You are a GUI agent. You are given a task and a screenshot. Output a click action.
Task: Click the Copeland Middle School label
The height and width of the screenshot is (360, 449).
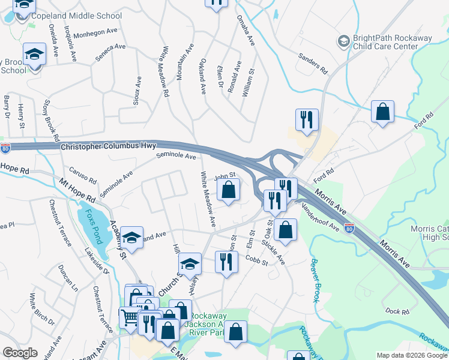pyautogui.click(x=80, y=16)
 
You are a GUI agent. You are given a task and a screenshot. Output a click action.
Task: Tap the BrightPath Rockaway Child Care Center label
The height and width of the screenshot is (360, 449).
pyautogui.click(x=393, y=42)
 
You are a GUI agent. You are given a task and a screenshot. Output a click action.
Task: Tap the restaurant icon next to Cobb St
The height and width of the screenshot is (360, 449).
pyautogui.click(x=226, y=262)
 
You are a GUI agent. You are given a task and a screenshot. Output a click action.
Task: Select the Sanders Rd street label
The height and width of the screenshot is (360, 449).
pyautogui.click(x=313, y=63)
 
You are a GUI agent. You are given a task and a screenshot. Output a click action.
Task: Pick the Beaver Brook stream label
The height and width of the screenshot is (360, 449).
pyautogui.click(x=313, y=280)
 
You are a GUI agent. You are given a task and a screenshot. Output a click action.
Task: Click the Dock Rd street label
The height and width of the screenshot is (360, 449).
pyautogui.click(x=397, y=311)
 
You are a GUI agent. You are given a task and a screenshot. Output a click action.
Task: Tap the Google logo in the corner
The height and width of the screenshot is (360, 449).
pyautogui.click(x=20, y=353)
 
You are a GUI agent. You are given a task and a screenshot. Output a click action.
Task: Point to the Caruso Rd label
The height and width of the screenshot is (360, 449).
pyautogui.click(x=83, y=176)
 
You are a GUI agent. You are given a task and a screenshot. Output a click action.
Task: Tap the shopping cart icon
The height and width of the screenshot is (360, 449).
pyautogui.click(x=130, y=316)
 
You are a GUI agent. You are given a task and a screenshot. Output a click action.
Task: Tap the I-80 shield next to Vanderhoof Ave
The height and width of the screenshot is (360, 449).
pyautogui.click(x=349, y=227)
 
